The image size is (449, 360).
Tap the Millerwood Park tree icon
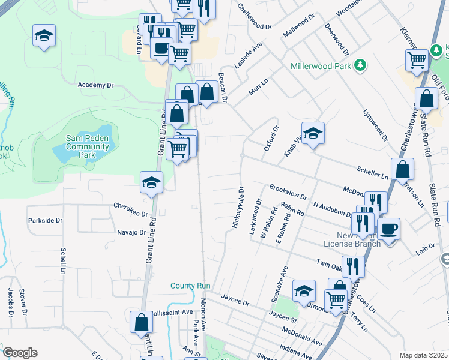coord(360,65)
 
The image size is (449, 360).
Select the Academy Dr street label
coord(95,85)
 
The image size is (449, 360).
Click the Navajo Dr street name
coord(131,232)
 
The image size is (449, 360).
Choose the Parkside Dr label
coord(45,221)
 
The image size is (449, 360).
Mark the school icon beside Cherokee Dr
coord(151,182)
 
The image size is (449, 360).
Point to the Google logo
coord(20,353)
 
